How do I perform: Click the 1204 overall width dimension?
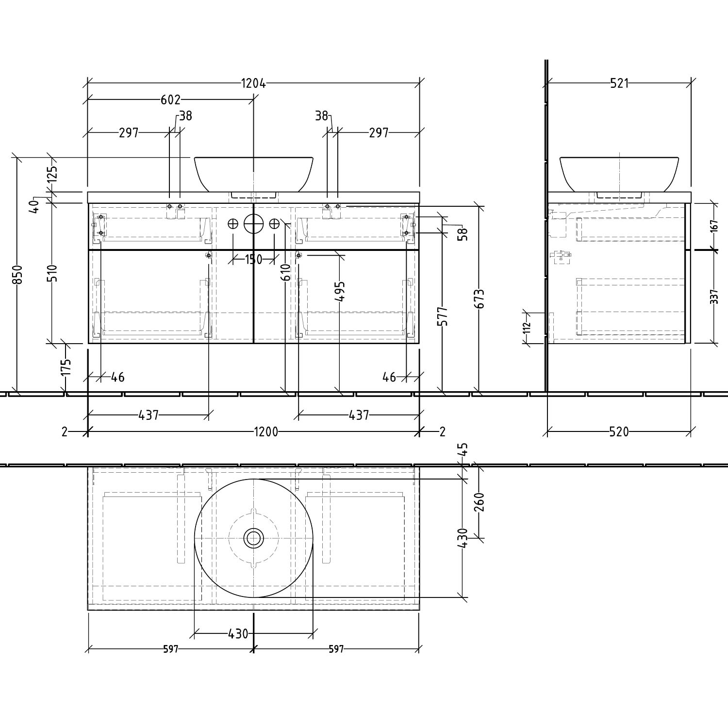pyautogui.click(x=253, y=83)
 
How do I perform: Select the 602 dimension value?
pyautogui.click(x=170, y=100)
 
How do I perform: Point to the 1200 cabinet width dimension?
pyautogui.click(x=265, y=431)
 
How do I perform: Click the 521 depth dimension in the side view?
pyautogui.click(x=619, y=83)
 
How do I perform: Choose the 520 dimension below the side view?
pyautogui.click(x=619, y=431)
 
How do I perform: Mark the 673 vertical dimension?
pyautogui.click(x=479, y=299)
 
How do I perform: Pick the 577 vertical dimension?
pyautogui.click(x=443, y=316)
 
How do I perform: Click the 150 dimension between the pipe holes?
pyautogui.click(x=253, y=260)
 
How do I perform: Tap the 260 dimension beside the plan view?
pyautogui.click(x=479, y=502)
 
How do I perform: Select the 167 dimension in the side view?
pyautogui.click(x=713, y=227)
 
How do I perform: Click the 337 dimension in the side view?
pyautogui.click(x=713, y=297)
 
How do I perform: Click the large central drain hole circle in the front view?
pyautogui.click(x=253, y=224)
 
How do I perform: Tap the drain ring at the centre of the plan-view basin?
pyautogui.click(x=253, y=538)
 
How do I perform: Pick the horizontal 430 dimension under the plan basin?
pyautogui.click(x=238, y=634)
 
